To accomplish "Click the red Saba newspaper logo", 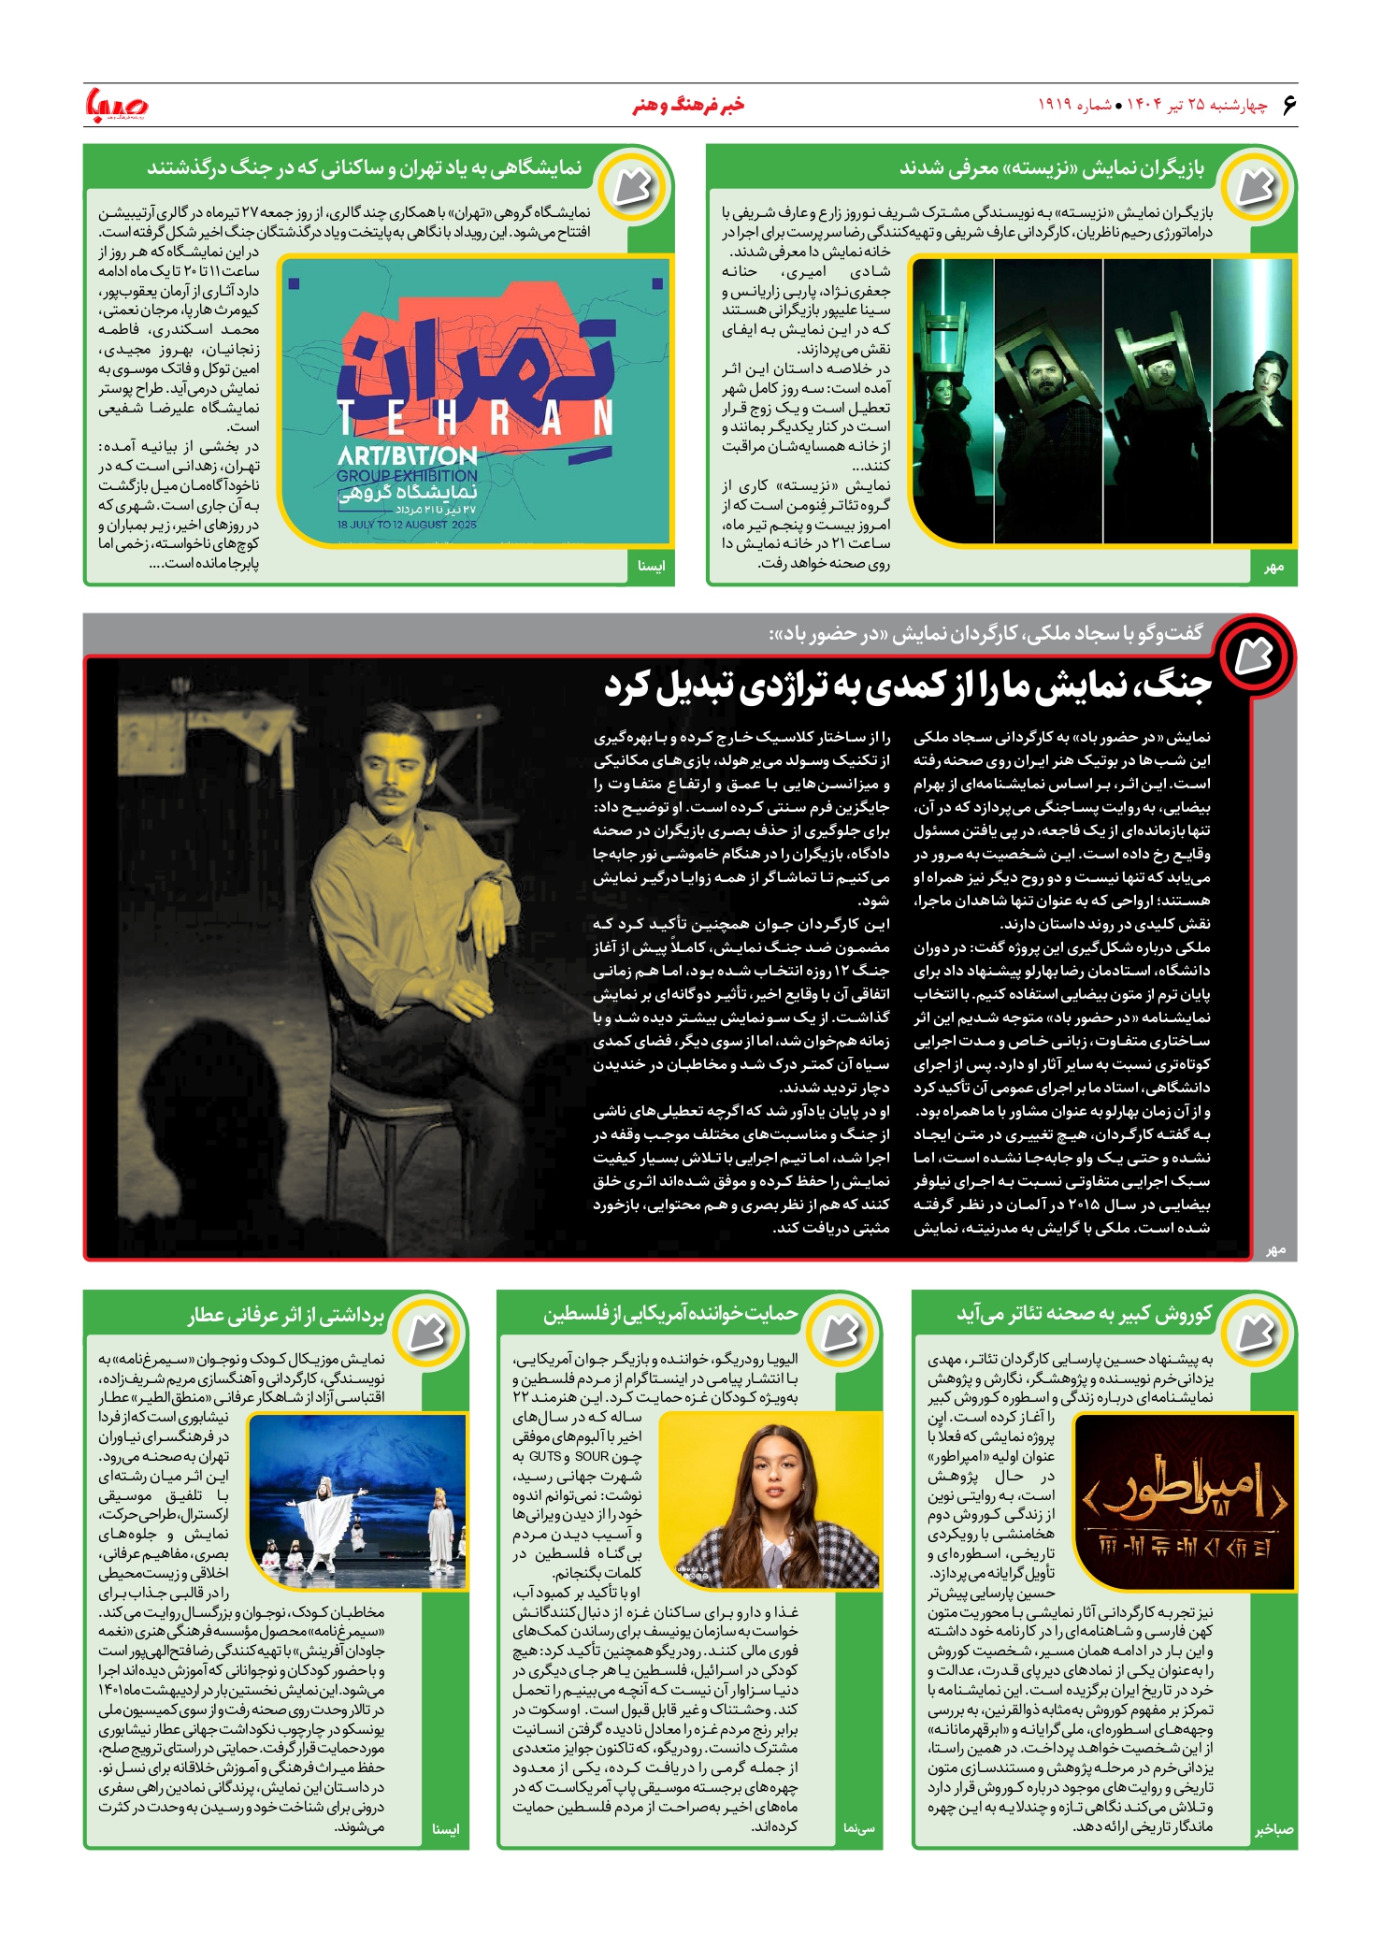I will [117, 105].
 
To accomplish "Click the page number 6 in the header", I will [1289, 105].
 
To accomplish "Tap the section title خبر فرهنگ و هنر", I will [689, 105].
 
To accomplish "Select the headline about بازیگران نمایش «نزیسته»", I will [1052, 168].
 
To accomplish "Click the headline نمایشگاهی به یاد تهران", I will [365, 168].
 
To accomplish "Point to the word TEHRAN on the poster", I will [475, 419].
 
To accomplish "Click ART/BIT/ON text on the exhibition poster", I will [408, 456].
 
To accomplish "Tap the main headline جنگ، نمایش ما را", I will [907, 685].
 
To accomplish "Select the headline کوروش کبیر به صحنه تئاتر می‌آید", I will [1084, 1314].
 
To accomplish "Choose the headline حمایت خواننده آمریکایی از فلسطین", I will [670, 1314].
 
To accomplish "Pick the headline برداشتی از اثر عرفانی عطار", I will [286, 1315].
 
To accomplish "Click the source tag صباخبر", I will [1273, 1829].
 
